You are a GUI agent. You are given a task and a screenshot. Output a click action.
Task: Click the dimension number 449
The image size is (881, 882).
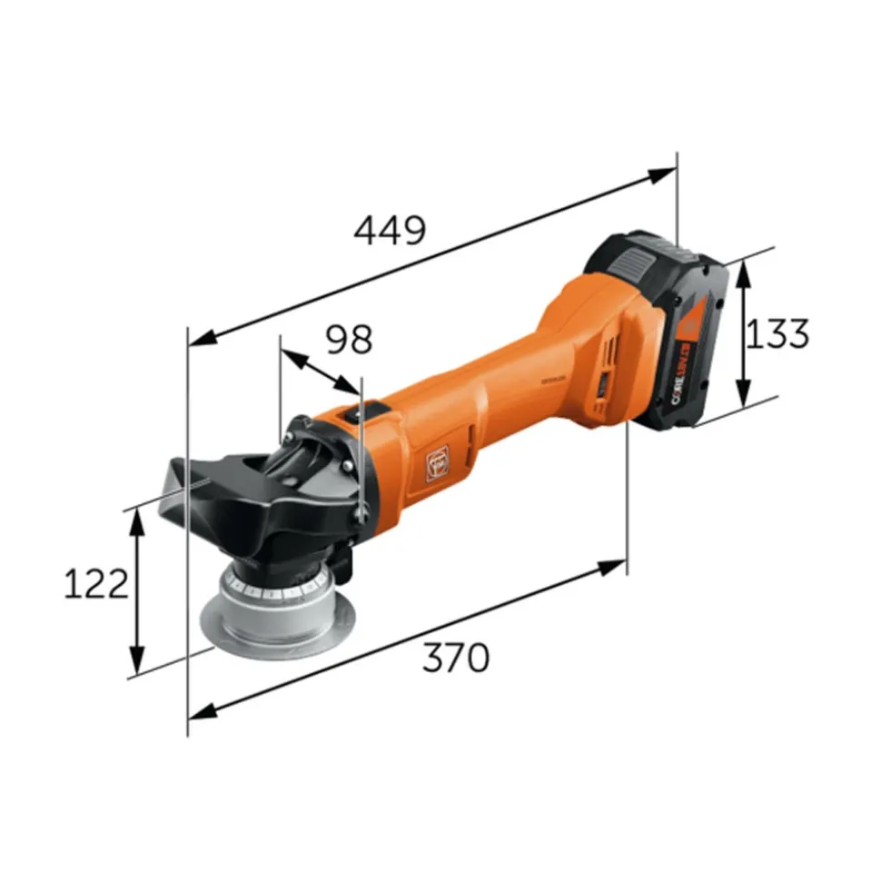click(x=390, y=232)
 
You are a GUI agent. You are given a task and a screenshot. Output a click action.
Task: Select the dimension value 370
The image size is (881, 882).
click(x=456, y=657)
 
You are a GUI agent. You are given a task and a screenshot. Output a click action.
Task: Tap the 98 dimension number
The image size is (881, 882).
click(x=350, y=339)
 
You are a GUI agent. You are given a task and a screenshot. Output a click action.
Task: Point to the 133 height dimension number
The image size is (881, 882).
click(x=777, y=334)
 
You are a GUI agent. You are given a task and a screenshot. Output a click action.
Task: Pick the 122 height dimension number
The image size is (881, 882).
click(x=95, y=586)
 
